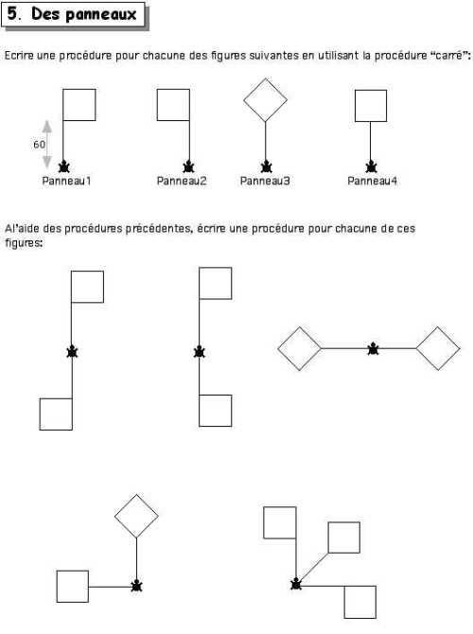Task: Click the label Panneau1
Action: pos(67,181)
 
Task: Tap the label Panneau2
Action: pos(182,181)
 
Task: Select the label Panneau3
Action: pos(265,181)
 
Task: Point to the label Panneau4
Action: pos(373,181)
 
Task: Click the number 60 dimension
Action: pos(39,145)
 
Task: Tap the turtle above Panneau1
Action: pos(64,167)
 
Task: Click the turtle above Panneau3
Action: pos(266,167)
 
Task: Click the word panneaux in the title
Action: pos(101,15)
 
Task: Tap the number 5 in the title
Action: pos(12,14)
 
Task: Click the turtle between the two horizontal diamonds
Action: pos(373,348)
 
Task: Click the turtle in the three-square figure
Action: pos(296,584)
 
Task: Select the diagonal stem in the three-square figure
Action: pos(312,568)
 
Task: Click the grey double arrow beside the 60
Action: pos(47,145)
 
